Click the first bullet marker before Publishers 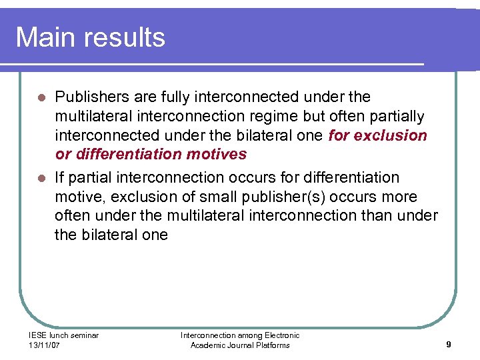coord(41,98)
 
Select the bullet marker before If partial coord(41,178)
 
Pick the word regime coord(275,116)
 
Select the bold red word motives coord(216,155)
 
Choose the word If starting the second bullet coord(59,177)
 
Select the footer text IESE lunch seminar coord(64,335)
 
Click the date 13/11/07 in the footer coord(45,345)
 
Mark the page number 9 coord(449,345)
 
